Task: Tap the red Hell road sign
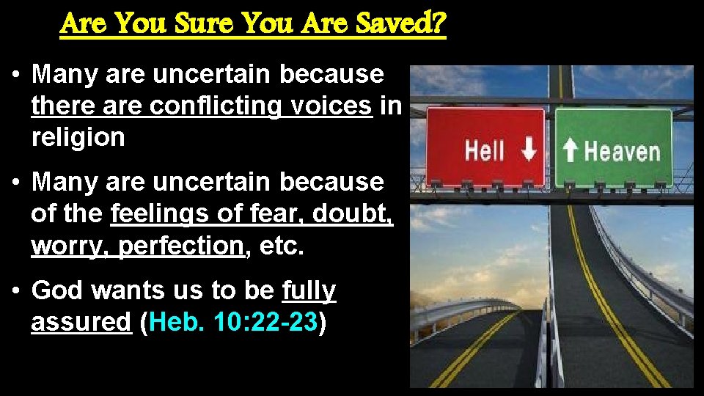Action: point(485,147)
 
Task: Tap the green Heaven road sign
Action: point(613,147)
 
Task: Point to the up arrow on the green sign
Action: point(571,152)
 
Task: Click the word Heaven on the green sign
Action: point(622,152)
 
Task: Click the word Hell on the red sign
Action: point(485,152)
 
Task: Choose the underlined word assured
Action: point(81,322)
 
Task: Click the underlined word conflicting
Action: point(216,106)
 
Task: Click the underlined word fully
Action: point(309,290)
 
